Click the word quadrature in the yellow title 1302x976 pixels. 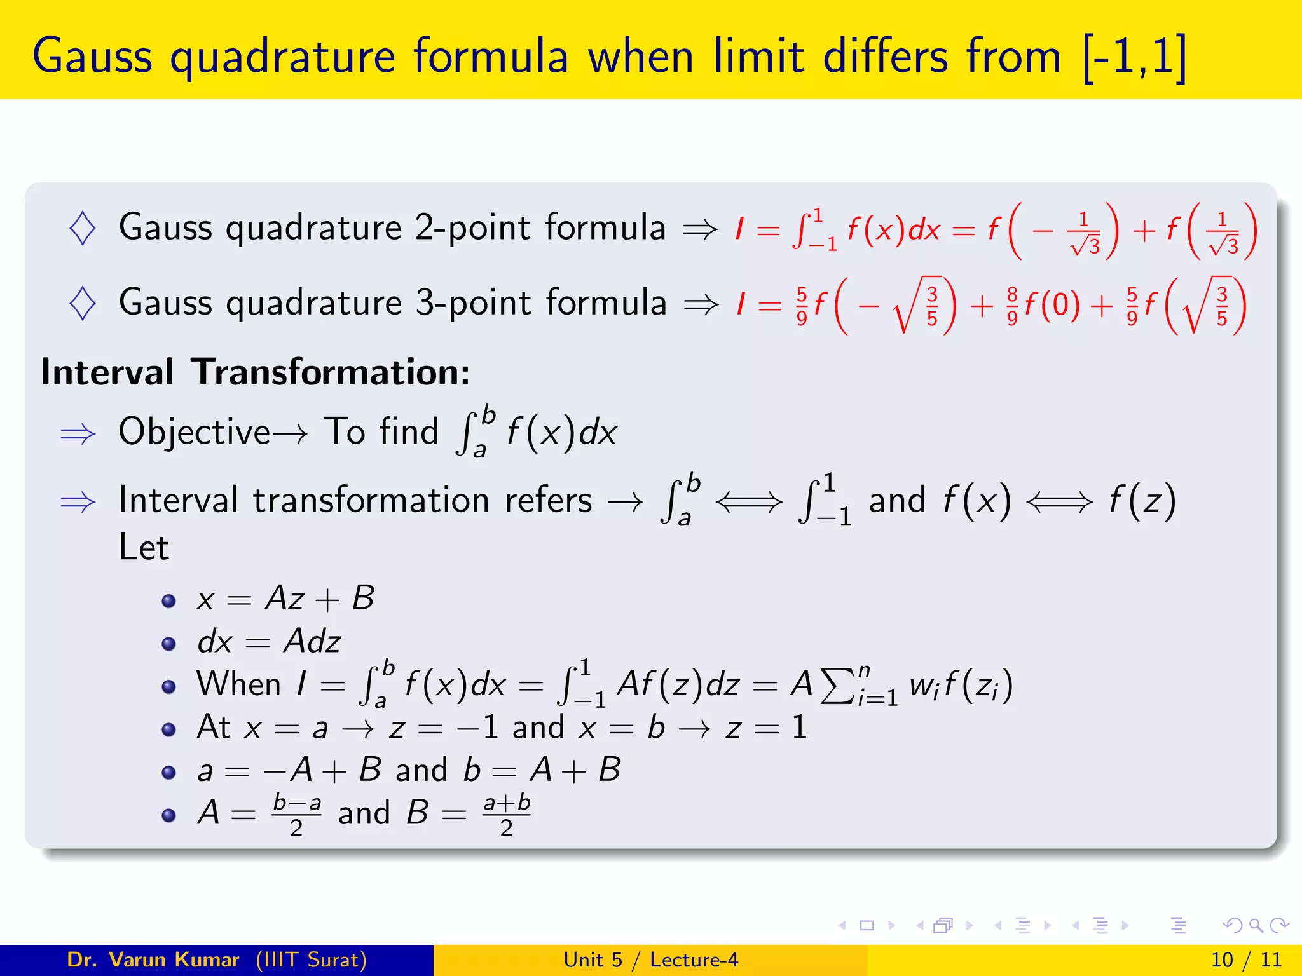(x=282, y=57)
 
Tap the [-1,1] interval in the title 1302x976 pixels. (x=1135, y=57)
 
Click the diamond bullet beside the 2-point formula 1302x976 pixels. (x=83, y=228)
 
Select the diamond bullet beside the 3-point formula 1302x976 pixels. (x=83, y=303)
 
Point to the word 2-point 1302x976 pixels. (x=471, y=228)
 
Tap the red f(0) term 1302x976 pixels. (x=1052, y=305)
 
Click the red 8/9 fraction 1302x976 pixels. (x=1013, y=306)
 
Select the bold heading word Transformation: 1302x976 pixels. (x=331, y=372)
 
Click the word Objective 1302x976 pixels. (x=195, y=432)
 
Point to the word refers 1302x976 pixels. (x=548, y=500)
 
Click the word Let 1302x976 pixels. (x=144, y=547)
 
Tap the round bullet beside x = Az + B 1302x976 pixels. (x=168, y=601)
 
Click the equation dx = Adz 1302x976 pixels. (x=269, y=642)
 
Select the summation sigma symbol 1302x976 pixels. (x=838, y=686)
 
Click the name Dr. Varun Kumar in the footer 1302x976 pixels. (x=153, y=959)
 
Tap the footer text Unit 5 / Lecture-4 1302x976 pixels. (x=650, y=959)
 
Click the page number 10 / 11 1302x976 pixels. (x=1246, y=959)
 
